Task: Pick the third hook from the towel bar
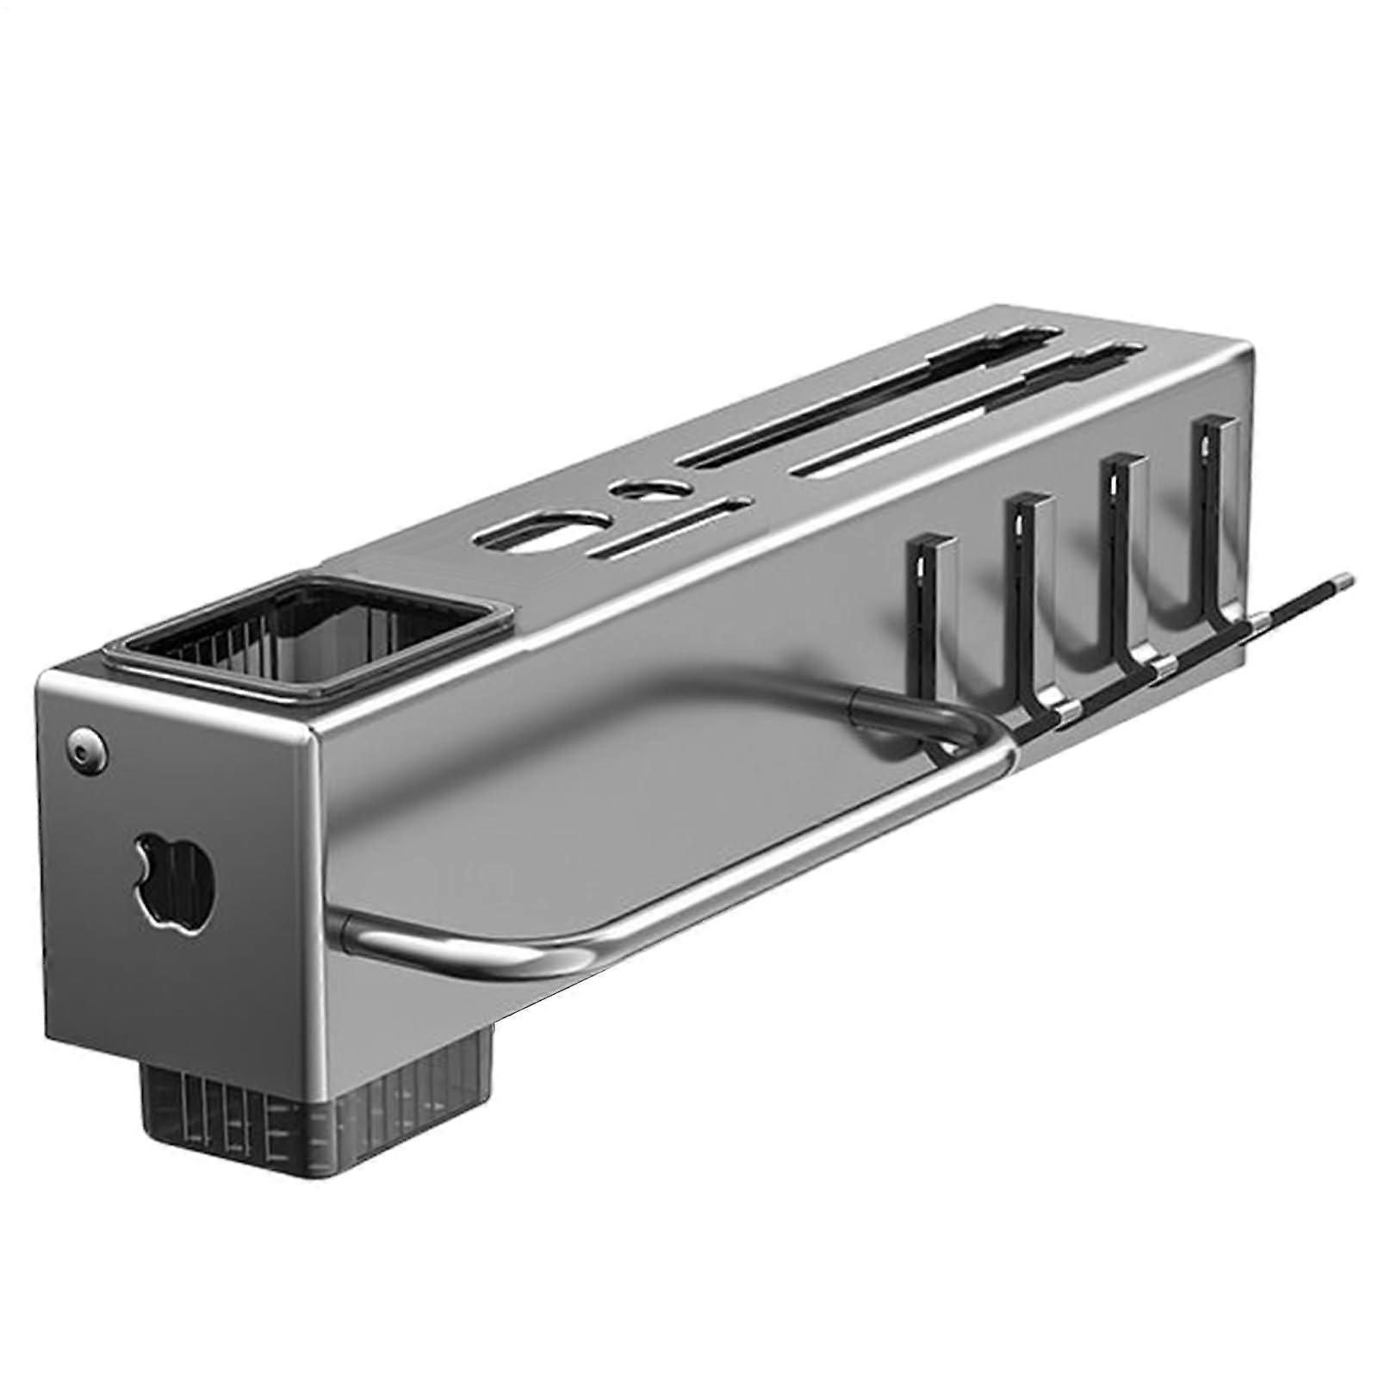click(x=1120, y=551)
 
